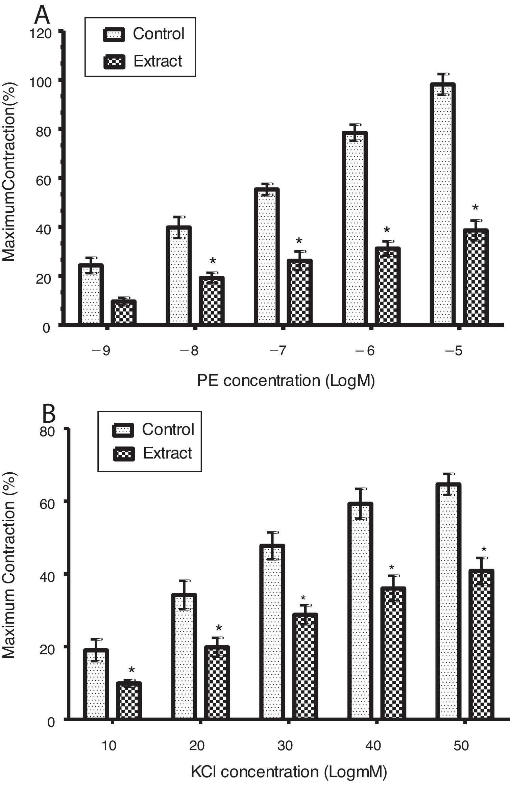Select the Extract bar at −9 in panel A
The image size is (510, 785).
click(x=124, y=312)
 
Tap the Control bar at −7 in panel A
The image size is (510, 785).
click(x=267, y=257)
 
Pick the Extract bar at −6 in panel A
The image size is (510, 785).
click(x=388, y=286)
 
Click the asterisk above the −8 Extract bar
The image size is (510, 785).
click(x=213, y=261)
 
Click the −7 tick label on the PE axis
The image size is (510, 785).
click(x=278, y=351)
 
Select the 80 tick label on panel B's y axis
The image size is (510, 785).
click(x=47, y=432)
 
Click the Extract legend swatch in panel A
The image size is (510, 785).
click(x=114, y=61)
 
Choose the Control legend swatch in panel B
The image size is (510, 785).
click(x=123, y=430)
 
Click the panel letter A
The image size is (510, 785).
click(x=43, y=15)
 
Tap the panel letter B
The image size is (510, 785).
click(x=49, y=415)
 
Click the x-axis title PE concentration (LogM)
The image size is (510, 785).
click(x=286, y=381)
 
